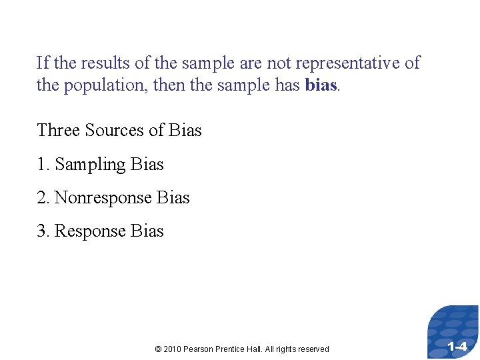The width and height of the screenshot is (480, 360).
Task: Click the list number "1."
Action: pyautogui.click(x=43, y=164)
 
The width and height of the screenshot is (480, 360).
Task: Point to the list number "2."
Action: pyautogui.click(x=43, y=198)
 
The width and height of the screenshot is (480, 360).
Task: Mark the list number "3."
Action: pyautogui.click(x=43, y=231)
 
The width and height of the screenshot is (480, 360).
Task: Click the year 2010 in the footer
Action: pyautogui.click(x=171, y=349)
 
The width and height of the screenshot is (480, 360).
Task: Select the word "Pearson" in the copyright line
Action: pyautogui.click(x=199, y=349)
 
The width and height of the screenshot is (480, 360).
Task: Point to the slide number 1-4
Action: pyautogui.click(x=457, y=347)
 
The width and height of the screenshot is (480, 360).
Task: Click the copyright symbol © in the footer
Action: pyautogui.click(x=157, y=349)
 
